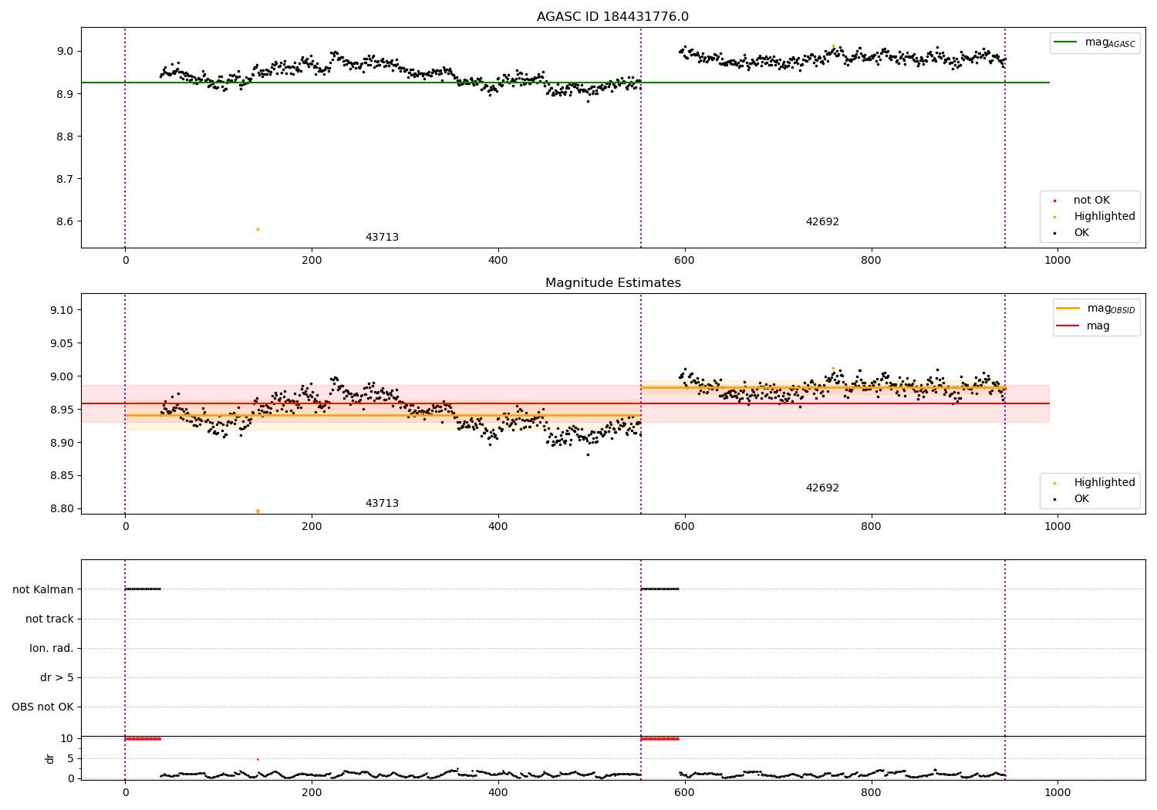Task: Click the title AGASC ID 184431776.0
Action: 612,17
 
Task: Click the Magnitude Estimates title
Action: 612,283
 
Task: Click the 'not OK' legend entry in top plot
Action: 1091,201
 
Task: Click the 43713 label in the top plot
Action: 382,238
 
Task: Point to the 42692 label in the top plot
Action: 822,222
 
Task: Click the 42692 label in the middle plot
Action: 822,488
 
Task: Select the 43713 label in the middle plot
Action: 382,504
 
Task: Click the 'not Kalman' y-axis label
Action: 43,589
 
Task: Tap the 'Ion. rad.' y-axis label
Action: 52,648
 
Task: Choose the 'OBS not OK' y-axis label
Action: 42,707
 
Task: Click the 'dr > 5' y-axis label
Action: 57,677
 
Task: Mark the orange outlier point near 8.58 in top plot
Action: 258,229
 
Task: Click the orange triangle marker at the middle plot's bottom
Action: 258,511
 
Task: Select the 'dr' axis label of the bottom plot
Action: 50,758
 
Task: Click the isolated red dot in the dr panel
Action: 258,759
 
